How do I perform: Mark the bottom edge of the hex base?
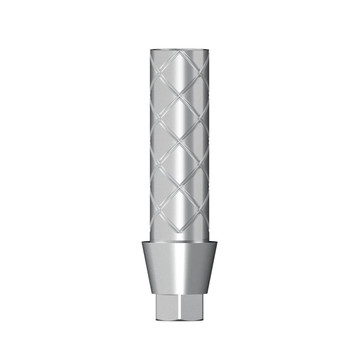[x=180, y=320]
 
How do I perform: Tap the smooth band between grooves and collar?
[x=180, y=237]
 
